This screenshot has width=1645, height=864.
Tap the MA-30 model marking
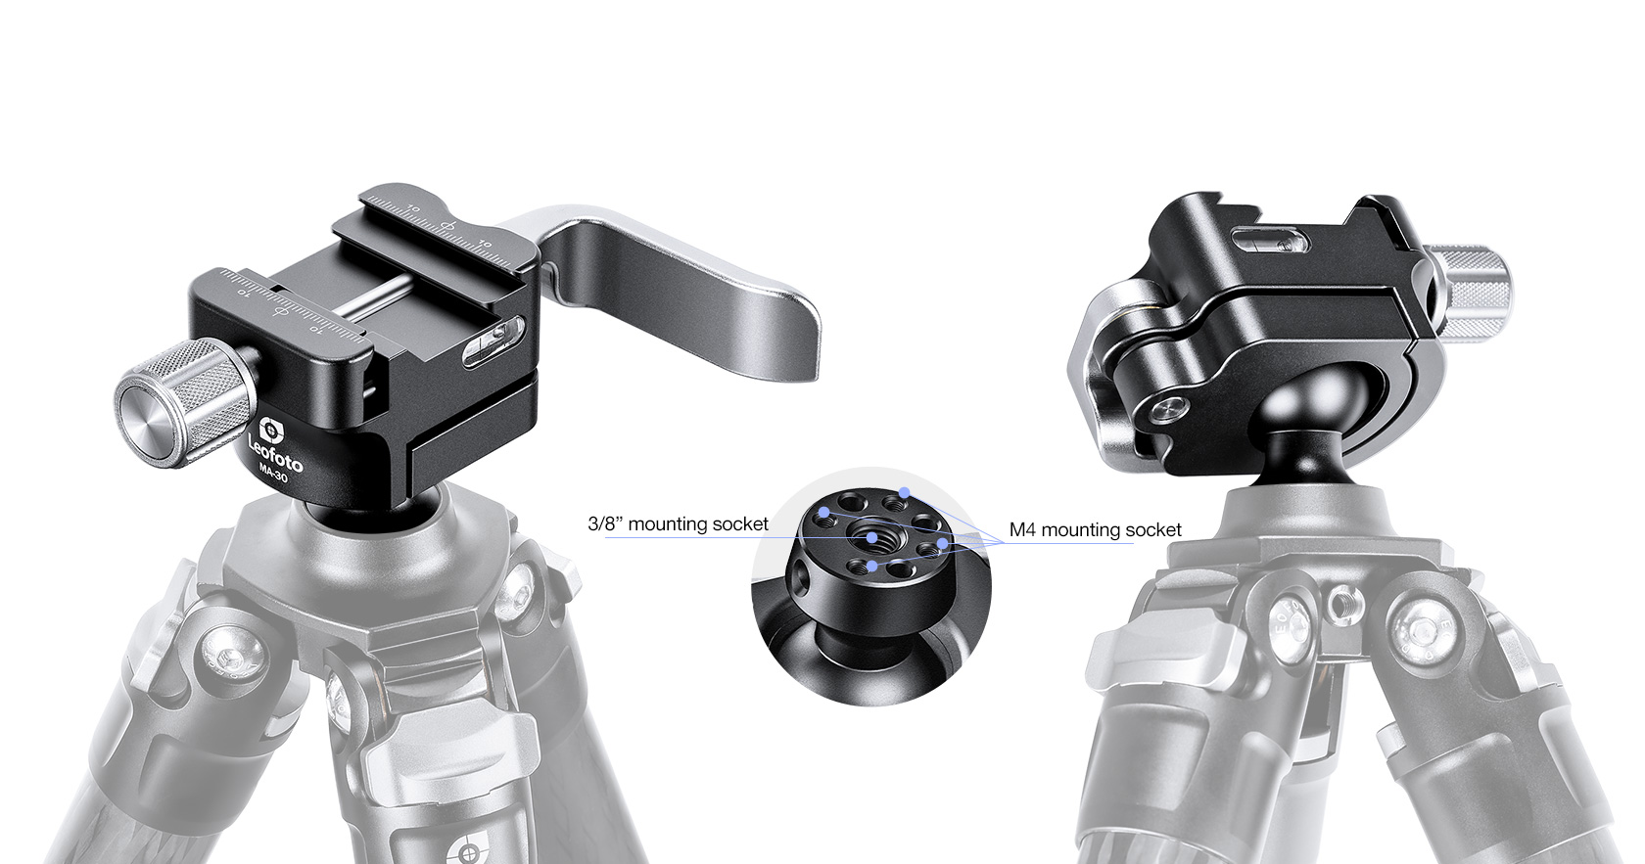(273, 475)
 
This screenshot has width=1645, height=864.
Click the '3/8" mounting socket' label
(678, 524)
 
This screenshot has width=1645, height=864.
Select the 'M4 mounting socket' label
(1095, 530)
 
